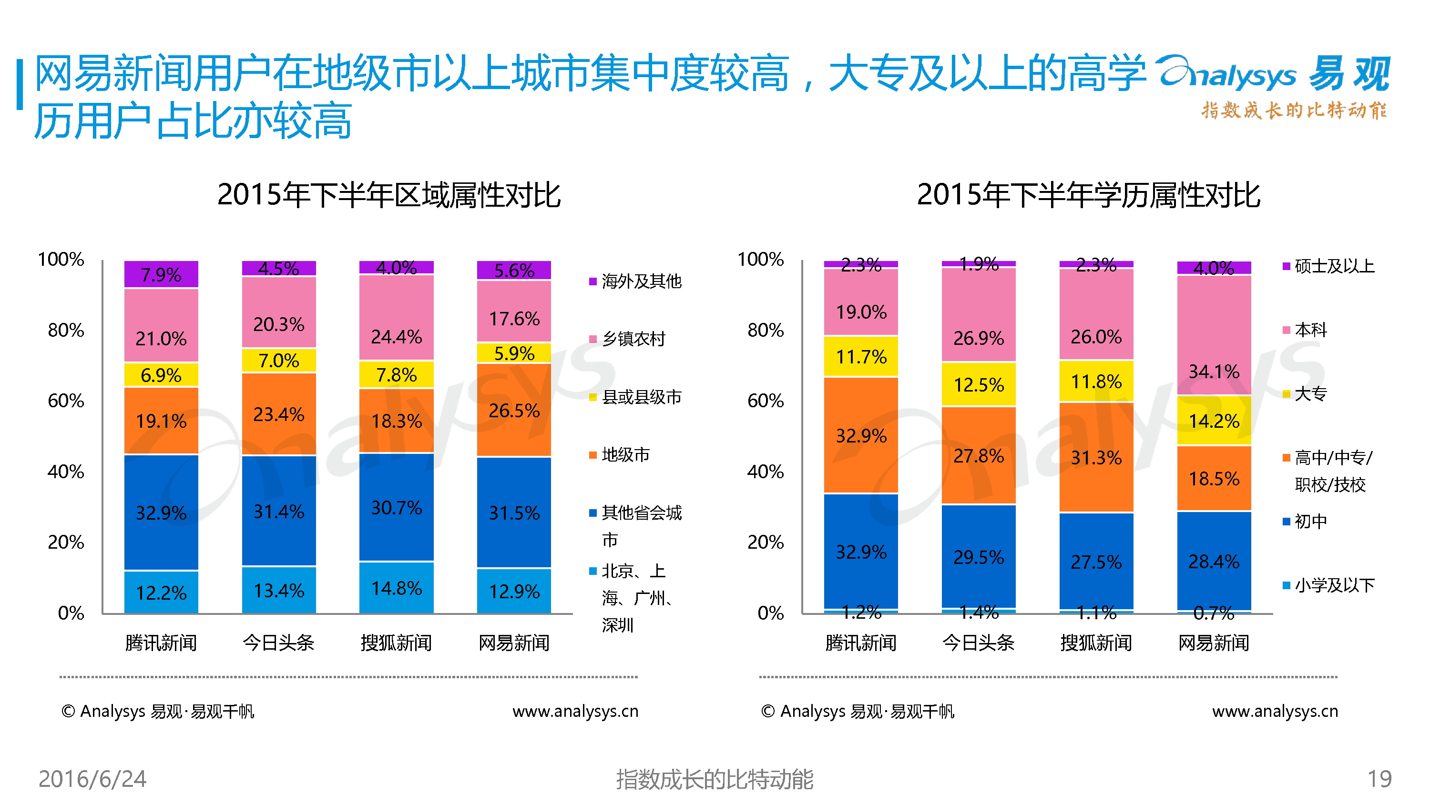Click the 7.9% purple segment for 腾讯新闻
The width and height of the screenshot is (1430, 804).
pyautogui.click(x=161, y=274)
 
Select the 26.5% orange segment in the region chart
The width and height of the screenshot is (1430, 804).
pyautogui.click(x=514, y=410)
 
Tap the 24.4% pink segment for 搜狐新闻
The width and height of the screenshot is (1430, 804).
pyautogui.click(x=397, y=317)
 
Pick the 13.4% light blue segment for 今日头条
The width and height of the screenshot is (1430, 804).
pyautogui.click(x=279, y=590)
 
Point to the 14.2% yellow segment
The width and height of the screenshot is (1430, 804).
pyautogui.click(x=1214, y=421)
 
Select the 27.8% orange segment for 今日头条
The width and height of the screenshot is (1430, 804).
pyautogui.click(x=979, y=455)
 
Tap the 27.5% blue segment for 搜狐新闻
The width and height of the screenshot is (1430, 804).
pyautogui.click(x=1096, y=562)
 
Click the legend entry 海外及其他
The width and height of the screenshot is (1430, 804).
pyautogui.click(x=635, y=281)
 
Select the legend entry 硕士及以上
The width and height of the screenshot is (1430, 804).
pyautogui.click(x=1328, y=266)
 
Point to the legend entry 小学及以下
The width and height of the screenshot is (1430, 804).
pyautogui.click(x=1328, y=585)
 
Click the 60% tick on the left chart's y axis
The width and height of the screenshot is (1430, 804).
pyautogui.click(x=66, y=401)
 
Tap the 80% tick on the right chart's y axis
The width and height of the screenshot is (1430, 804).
pyautogui.click(x=766, y=330)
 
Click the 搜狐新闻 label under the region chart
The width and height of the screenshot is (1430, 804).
pyautogui.click(x=397, y=643)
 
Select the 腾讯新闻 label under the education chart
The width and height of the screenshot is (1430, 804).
pyautogui.click(x=861, y=643)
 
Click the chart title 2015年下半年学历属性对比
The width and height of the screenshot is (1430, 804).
pyautogui.click(x=1089, y=195)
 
